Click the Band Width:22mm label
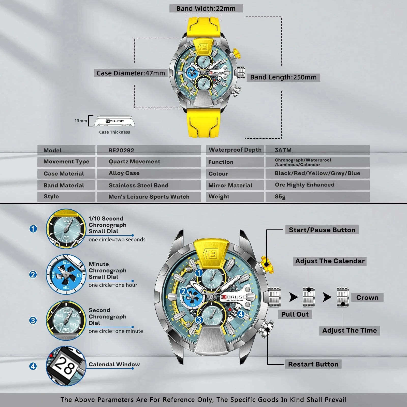(x=206, y=8)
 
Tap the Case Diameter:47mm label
(x=131, y=73)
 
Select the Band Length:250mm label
(x=283, y=77)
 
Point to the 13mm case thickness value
(x=81, y=121)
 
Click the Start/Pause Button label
(x=322, y=230)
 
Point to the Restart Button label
(x=313, y=364)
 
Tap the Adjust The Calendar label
(x=330, y=261)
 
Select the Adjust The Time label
(x=350, y=331)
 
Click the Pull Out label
(x=295, y=314)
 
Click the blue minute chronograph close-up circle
(x=66, y=274)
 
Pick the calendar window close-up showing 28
(x=66, y=366)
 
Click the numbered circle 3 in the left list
(x=33, y=320)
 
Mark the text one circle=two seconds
(x=117, y=240)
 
